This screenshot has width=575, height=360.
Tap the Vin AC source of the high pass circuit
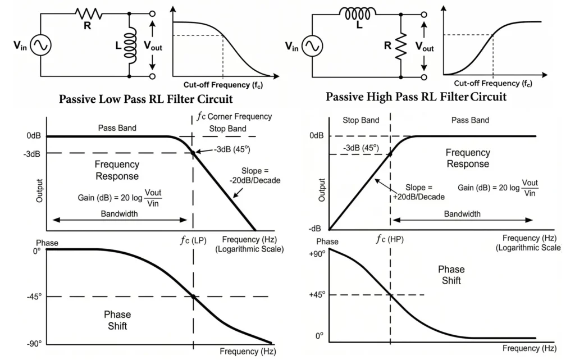click(312, 46)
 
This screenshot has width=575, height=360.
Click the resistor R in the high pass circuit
click(401, 45)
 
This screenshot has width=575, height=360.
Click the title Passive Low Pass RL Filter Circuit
click(145, 100)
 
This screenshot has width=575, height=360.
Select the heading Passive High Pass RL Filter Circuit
click(416, 97)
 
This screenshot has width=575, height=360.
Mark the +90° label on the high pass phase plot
click(317, 254)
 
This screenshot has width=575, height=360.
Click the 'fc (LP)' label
click(193, 240)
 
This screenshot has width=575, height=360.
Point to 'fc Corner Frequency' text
click(234, 116)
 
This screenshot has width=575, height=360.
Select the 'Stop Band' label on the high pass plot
click(360, 120)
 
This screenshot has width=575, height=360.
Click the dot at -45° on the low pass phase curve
click(193, 297)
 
